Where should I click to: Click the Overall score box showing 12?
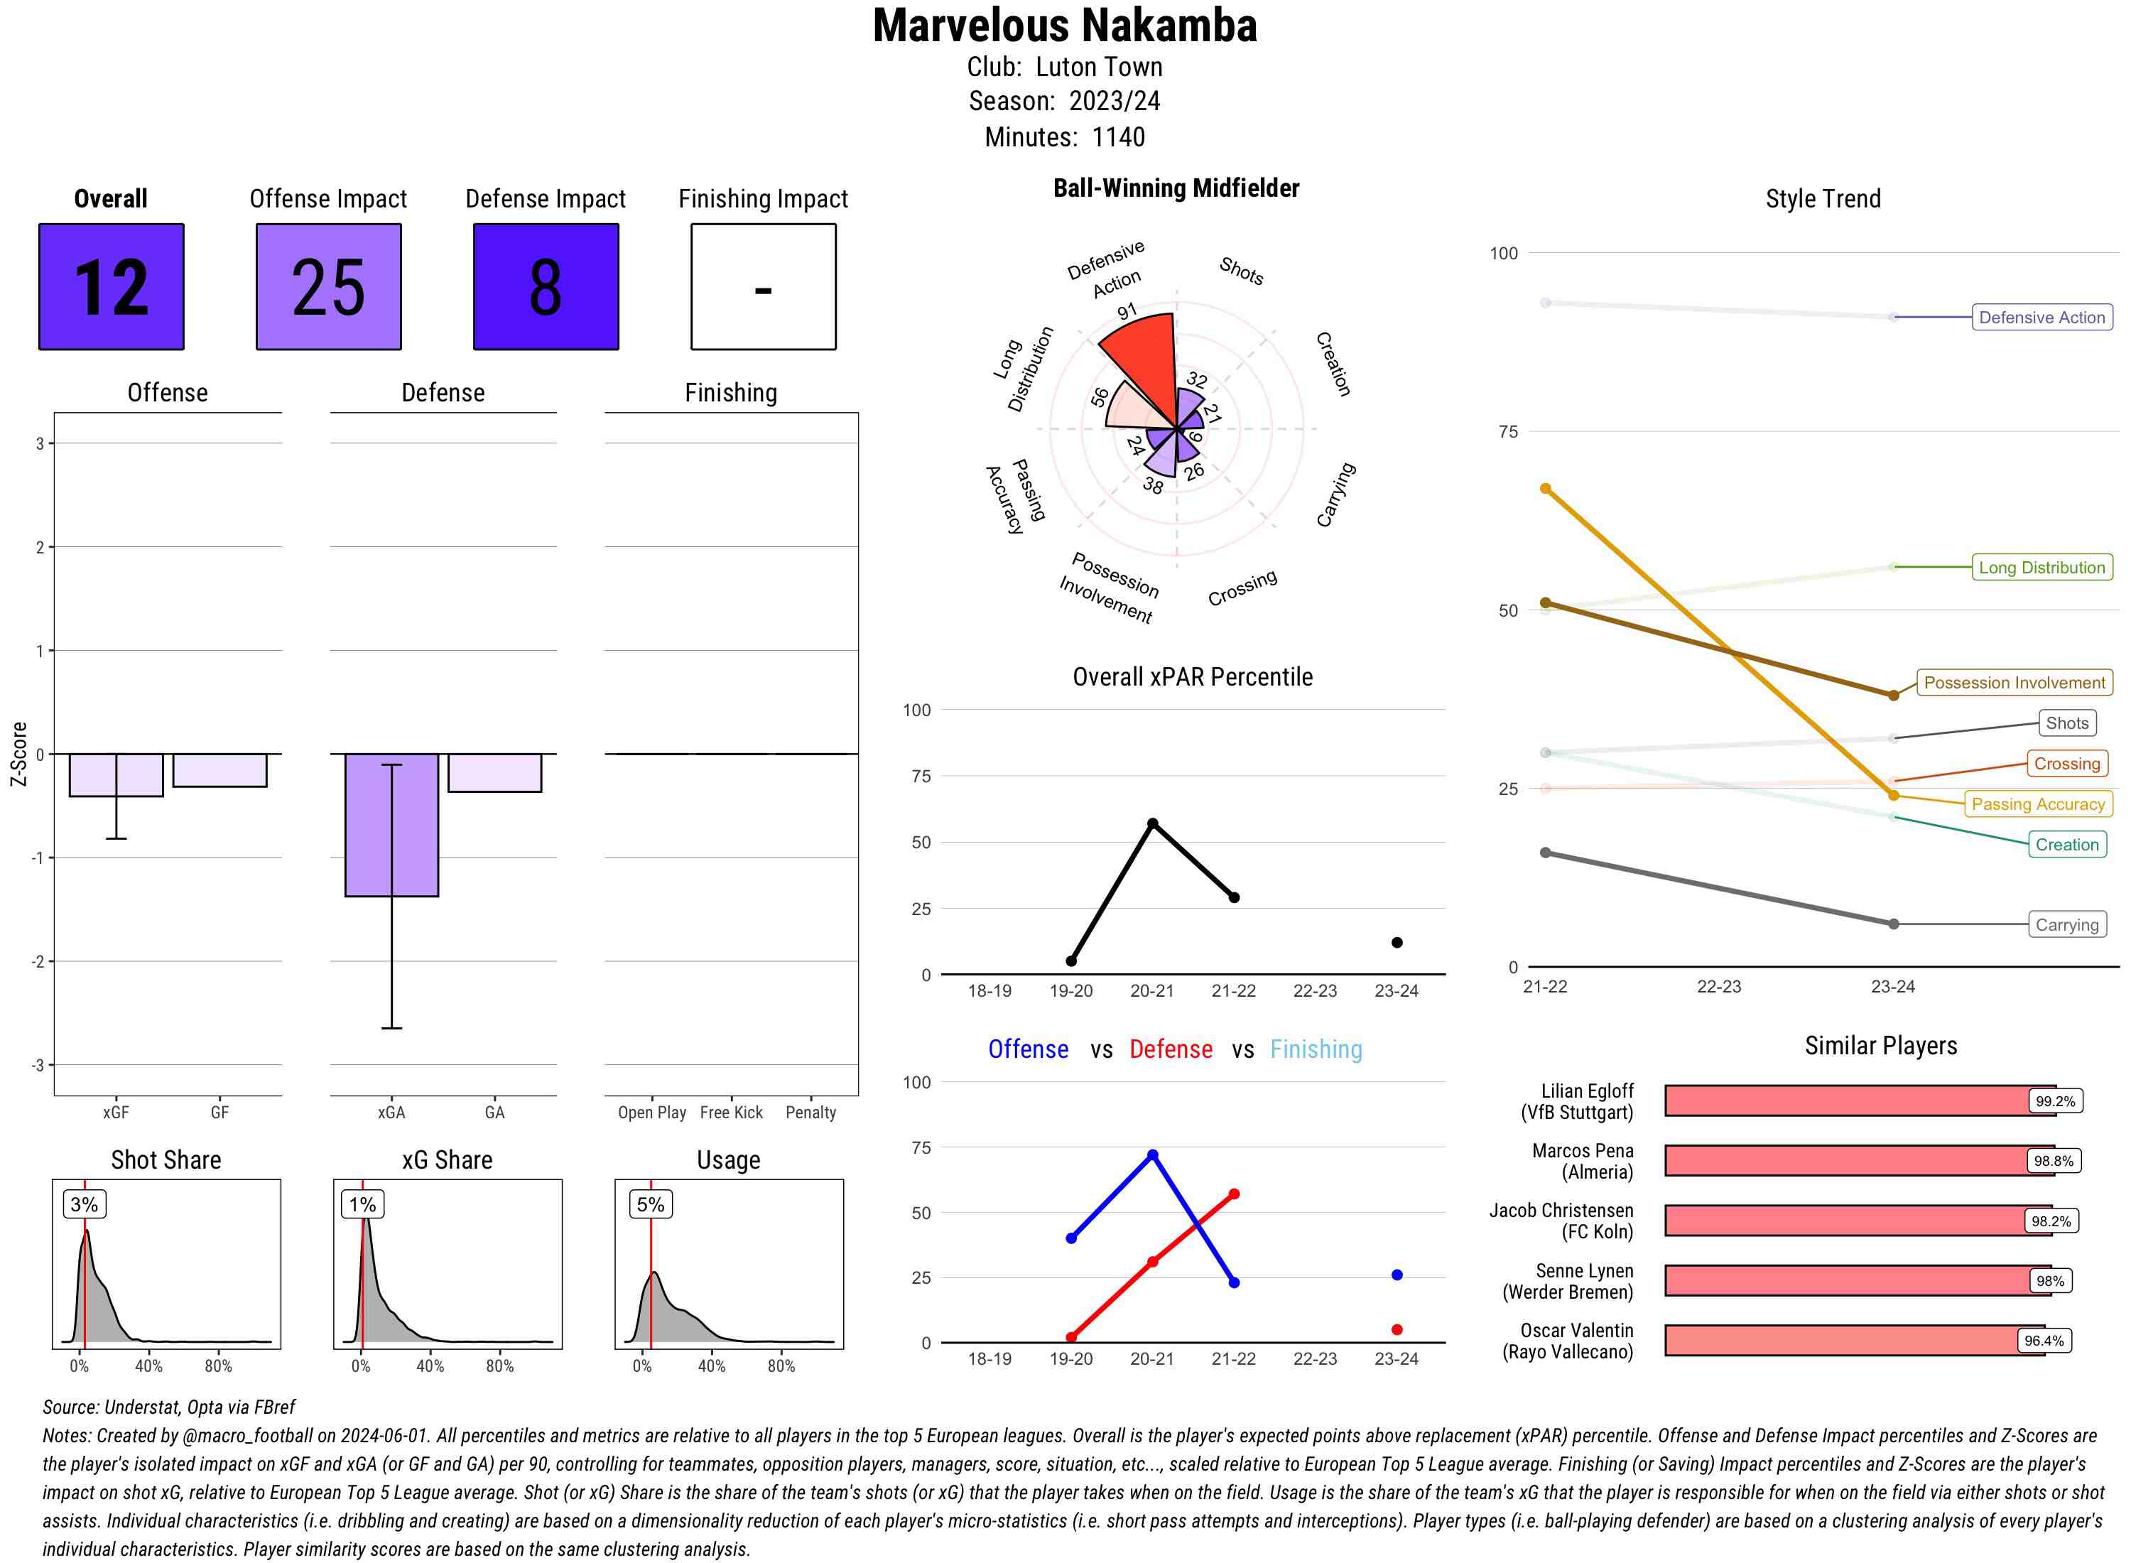111,287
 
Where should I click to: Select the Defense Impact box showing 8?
546,287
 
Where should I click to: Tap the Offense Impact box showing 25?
328,287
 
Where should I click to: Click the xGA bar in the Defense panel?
391,824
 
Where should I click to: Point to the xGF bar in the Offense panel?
116,775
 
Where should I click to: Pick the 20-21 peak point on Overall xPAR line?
1152,823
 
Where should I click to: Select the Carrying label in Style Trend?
2066,924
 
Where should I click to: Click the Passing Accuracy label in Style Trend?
2037,804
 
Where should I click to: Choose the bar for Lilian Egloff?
1859,1100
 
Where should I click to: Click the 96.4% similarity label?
2043,1341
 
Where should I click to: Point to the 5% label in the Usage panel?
651,1204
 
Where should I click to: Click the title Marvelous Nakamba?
1065,26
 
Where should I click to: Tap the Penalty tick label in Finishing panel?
810,1113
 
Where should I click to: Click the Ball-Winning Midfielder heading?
1176,188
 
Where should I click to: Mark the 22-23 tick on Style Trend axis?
1718,987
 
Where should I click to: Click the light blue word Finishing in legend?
1316,1049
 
